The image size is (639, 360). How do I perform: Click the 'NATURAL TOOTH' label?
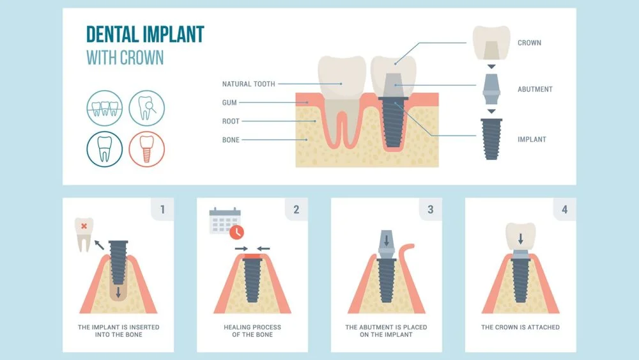click(x=249, y=84)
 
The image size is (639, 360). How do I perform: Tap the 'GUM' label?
click(x=229, y=102)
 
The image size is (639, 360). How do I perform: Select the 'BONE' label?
click(x=231, y=139)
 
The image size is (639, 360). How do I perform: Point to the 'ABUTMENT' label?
click(x=535, y=90)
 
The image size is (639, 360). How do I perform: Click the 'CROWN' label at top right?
click(x=529, y=43)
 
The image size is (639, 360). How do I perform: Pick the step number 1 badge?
click(x=162, y=209)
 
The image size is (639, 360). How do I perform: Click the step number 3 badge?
click(x=430, y=209)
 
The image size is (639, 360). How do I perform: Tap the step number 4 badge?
click(x=564, y=209)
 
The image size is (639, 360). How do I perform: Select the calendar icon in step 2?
click(x=224, y=221)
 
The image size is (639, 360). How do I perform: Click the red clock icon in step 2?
click(x=237, y=231)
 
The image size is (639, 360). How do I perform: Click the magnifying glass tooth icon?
click(x=146, y=107)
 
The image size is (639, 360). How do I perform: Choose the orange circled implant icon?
click(x=146, y=148)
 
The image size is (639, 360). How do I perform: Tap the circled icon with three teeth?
click(x=105, y=107)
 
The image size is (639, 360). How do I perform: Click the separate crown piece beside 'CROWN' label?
click(x=491, y=42)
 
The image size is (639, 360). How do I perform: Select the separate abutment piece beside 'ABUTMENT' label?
click(x=491, y=88)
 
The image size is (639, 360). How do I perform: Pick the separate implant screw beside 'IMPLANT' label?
click(x=491, y=138)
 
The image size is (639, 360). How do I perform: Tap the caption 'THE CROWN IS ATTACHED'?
click(x=520, y=327)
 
